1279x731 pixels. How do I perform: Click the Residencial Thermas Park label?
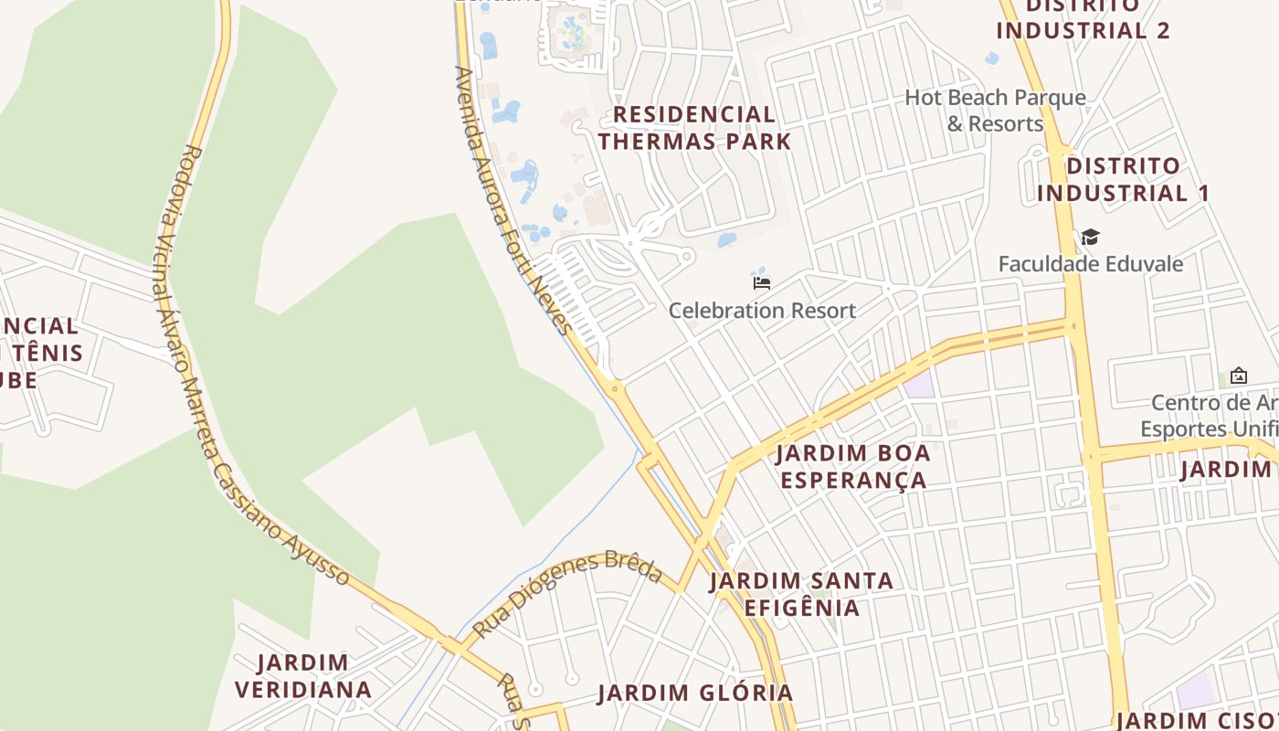point(694,128)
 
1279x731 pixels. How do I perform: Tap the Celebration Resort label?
point(762,311)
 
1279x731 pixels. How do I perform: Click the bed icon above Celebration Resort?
point(762,282)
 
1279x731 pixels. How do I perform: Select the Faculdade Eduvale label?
point(1090,264)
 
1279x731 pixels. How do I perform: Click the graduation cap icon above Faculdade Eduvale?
point(1090,238)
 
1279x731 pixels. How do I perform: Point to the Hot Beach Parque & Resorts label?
point(995,111)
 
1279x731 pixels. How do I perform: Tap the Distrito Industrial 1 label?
point(1123,179)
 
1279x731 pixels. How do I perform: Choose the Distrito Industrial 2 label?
point(1083,18)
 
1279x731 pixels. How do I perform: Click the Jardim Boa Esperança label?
point(852,466)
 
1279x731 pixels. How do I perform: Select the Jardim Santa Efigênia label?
point(801,594)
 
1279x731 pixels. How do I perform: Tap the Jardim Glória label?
point(695,693)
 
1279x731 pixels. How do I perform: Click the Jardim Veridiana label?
point(303,675)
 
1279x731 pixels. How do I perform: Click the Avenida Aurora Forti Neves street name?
point(512,201)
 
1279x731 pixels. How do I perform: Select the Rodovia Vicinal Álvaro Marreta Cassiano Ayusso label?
point(247,365)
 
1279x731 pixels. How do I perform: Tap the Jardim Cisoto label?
point(1197,720)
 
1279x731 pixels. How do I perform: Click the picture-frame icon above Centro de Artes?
point(1239,375)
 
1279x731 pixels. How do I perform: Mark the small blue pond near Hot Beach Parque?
point(992,58)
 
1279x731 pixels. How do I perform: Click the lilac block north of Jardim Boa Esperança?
point(920,384)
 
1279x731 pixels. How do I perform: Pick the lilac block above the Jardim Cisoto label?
point(1197,691)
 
